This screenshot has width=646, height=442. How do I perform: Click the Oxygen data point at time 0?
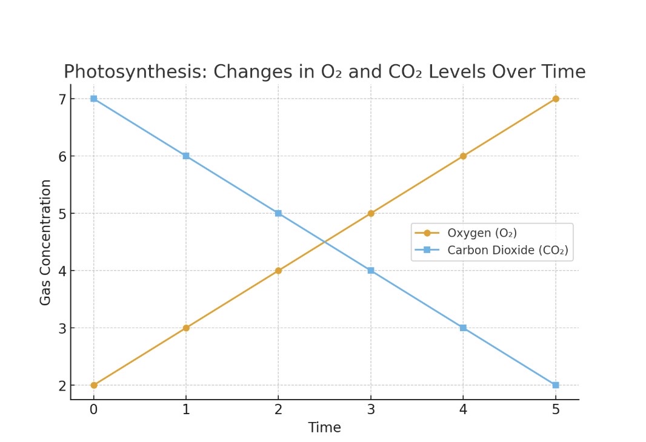[93, 385]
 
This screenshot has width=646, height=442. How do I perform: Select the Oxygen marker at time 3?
[371, 213]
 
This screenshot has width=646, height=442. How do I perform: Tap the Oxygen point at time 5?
[556, 99]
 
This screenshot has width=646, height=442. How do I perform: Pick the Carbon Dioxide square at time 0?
[93, 99]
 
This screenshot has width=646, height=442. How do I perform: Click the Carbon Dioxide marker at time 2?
[278, 213]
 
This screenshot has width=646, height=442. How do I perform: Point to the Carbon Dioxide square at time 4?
[463, 328]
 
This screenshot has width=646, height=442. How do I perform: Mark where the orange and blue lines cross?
[325, 242]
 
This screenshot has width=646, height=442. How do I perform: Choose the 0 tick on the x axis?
[93, 410]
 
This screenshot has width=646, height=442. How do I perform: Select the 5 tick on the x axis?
[556, 410]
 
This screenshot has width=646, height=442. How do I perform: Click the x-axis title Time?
[324, 427]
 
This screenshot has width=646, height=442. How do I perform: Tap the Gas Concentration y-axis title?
[45, 242]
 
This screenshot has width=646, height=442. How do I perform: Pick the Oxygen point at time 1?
[186, 328]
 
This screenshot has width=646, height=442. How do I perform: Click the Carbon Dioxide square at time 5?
[556, 385]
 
